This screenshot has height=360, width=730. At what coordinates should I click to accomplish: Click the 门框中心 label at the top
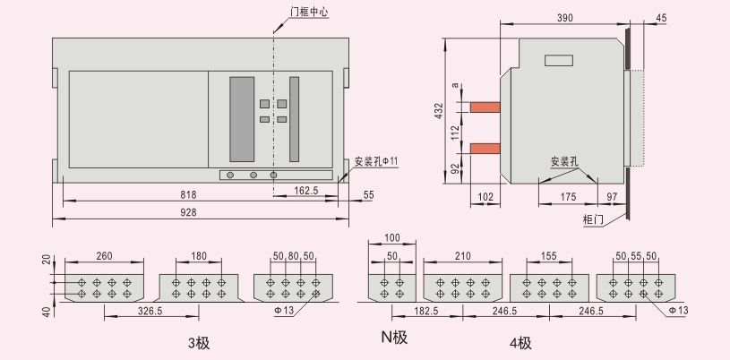pyautogui.click(x=309, y=12)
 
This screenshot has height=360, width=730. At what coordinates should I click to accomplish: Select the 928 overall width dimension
pyautogui.click(x=188, y=212)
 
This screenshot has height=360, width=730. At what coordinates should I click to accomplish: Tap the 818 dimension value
pyautogui.click(x=188, y=194)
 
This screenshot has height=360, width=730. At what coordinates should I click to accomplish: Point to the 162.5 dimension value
pyautogui.click(x=305, y=191)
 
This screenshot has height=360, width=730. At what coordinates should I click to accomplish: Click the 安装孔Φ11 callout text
pyautogui.click(x=376, y=161)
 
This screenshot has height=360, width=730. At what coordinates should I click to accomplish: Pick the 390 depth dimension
pyautogui.click(x=564, y=18)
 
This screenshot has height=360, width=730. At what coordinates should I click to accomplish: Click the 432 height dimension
pyautogui.click(x=439, y=111)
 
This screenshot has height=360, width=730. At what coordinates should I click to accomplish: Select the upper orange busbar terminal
pyautogui.click(x=485, y=107)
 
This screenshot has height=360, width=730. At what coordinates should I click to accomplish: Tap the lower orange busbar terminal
pyautogui.click(x=485, y=149)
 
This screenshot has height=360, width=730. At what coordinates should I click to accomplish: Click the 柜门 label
pyautogui.click(x=593, y=219)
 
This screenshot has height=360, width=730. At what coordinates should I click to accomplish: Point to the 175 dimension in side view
pyautogui.click(x=568, y=197)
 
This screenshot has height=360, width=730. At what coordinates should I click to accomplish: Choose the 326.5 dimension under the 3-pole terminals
pyautogui.click(x=150, y=311)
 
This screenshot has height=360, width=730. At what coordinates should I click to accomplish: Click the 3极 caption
pyautogui.click(x=199, y=343)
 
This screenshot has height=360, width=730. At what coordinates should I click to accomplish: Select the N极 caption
pyautogui.click(x=394, y=337)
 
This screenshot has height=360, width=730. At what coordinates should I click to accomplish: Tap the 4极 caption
pyautogui.click(x=520, y=343)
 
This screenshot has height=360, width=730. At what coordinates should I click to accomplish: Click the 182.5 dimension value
pyautogui.click(x=426, y=311)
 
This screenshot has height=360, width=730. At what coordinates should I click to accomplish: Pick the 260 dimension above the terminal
pyautogui.click(x=104, y=256)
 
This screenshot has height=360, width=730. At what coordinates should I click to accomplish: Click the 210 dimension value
pyautogui.click(x=462, y=256)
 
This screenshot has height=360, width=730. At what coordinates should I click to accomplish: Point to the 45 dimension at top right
pyautogui.click(x=661, y=18)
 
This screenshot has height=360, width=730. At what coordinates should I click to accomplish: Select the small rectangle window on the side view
pyautogui.click(x=559, y=61)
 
